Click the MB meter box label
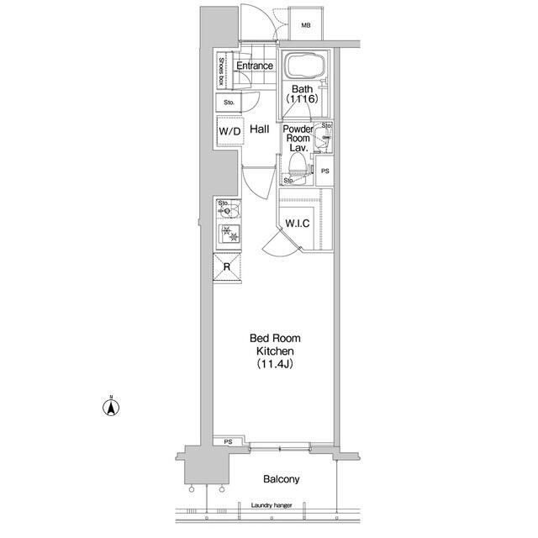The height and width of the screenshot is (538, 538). [306, 25]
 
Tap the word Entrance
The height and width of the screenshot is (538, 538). [255, 66]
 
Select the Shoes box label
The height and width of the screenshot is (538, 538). [222, 71]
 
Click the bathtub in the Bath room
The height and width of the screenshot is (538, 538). [306, 66]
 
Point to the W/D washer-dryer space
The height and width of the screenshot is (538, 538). [229, 131]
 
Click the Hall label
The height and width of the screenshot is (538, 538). [260, 129]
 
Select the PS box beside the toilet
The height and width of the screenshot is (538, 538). [324, 171]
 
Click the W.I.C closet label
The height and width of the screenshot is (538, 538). [297, 224]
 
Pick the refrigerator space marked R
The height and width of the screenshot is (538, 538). [227, 267]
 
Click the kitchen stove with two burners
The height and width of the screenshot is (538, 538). [229, 234]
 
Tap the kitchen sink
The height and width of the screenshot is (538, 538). [229, 209]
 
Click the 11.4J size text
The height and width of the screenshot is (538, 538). [275, 364]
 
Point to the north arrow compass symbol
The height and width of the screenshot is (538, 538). [111, 407]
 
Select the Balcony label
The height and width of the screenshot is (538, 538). [281, 479]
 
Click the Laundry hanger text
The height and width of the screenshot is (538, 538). [272, 505]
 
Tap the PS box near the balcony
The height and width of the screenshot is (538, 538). [228, 442]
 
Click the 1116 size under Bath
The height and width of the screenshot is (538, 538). [302, 99]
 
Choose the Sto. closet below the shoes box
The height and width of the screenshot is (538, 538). [229, 103]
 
